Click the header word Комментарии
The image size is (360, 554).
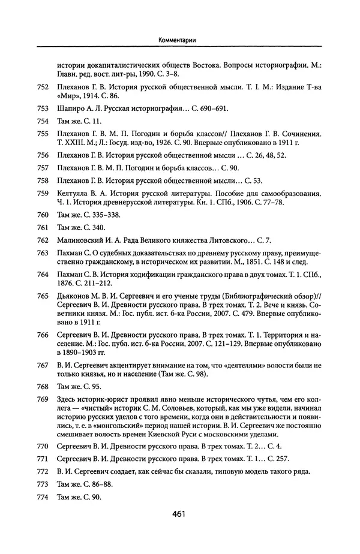point(179,40)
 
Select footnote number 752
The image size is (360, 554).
point(42,87)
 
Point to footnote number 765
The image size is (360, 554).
point(42,296)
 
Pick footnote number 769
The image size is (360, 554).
point(42,399)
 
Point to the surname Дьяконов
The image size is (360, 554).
point(75,296)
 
